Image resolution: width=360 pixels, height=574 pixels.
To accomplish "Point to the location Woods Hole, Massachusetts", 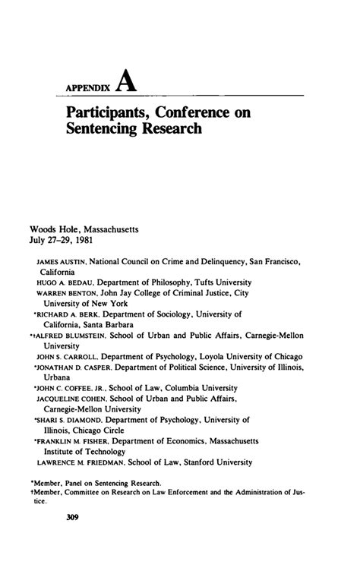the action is [83, 229].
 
